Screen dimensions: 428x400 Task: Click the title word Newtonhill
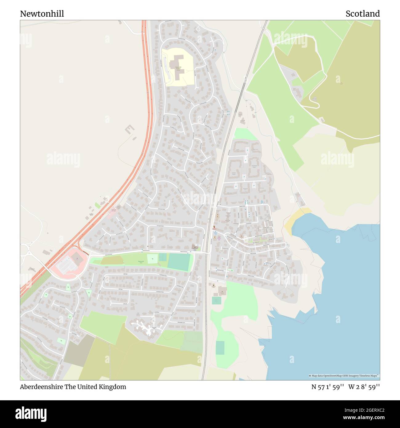(42, 14)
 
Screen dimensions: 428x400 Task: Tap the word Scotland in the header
(362, 14)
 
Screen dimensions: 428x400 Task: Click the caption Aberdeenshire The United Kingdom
(73, 387)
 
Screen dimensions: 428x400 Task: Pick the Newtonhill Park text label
(141, 262)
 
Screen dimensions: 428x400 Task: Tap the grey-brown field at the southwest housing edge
(78, 350)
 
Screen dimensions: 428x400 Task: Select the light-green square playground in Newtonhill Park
(151, 259)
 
